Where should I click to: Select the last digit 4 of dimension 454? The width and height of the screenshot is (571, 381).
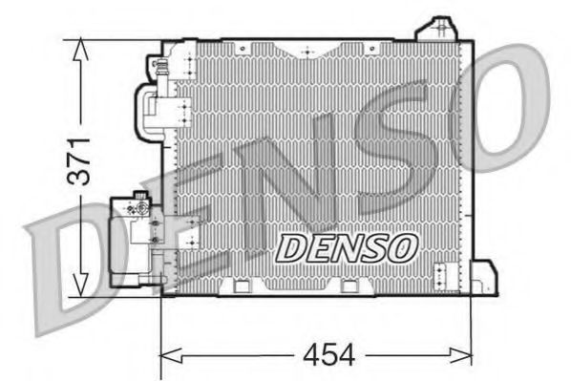pyautogui.click(x=346, y=355)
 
